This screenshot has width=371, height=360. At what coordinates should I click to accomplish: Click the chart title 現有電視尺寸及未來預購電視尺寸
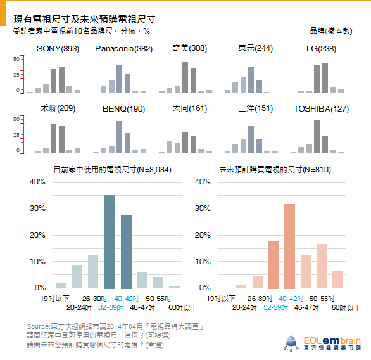click(84, 19)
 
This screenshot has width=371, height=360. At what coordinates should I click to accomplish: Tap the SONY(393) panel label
click(58, 49)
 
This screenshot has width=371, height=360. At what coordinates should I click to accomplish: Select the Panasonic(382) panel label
click(123, 49)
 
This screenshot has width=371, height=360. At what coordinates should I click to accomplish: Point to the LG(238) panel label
click(322, 49)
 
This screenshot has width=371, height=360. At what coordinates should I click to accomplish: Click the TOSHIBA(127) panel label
click(322, 109)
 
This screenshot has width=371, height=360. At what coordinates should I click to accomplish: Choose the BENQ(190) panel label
click(123, 109)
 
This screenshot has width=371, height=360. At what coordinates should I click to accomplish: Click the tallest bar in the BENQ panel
click(119, 137)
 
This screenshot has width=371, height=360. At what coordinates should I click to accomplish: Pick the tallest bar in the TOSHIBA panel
click(317, 136)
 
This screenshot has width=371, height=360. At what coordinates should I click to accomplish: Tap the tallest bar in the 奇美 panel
click(185, 77)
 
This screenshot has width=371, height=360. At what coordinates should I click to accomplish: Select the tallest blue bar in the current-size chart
click(110, 241)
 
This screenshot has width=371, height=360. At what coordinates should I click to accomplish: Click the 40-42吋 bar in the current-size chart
click(126, 252)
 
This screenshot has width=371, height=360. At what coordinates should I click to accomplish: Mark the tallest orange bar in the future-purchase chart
click(289, 247)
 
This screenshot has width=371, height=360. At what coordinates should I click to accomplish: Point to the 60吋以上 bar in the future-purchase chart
click(337, 280)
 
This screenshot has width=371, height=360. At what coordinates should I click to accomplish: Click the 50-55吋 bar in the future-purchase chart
click(322, 266)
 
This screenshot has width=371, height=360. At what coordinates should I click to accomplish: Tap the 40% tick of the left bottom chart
click(37, 182)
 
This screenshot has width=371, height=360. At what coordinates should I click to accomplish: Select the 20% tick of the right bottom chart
click(203, 235)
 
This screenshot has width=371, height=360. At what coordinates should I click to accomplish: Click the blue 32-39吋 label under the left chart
click(111, 307)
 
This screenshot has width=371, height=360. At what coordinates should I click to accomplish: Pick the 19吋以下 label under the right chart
click(221, 299)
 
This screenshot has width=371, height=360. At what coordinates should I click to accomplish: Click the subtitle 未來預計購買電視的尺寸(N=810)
click(275, 170)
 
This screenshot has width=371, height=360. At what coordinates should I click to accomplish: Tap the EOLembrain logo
click(322, 344)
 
